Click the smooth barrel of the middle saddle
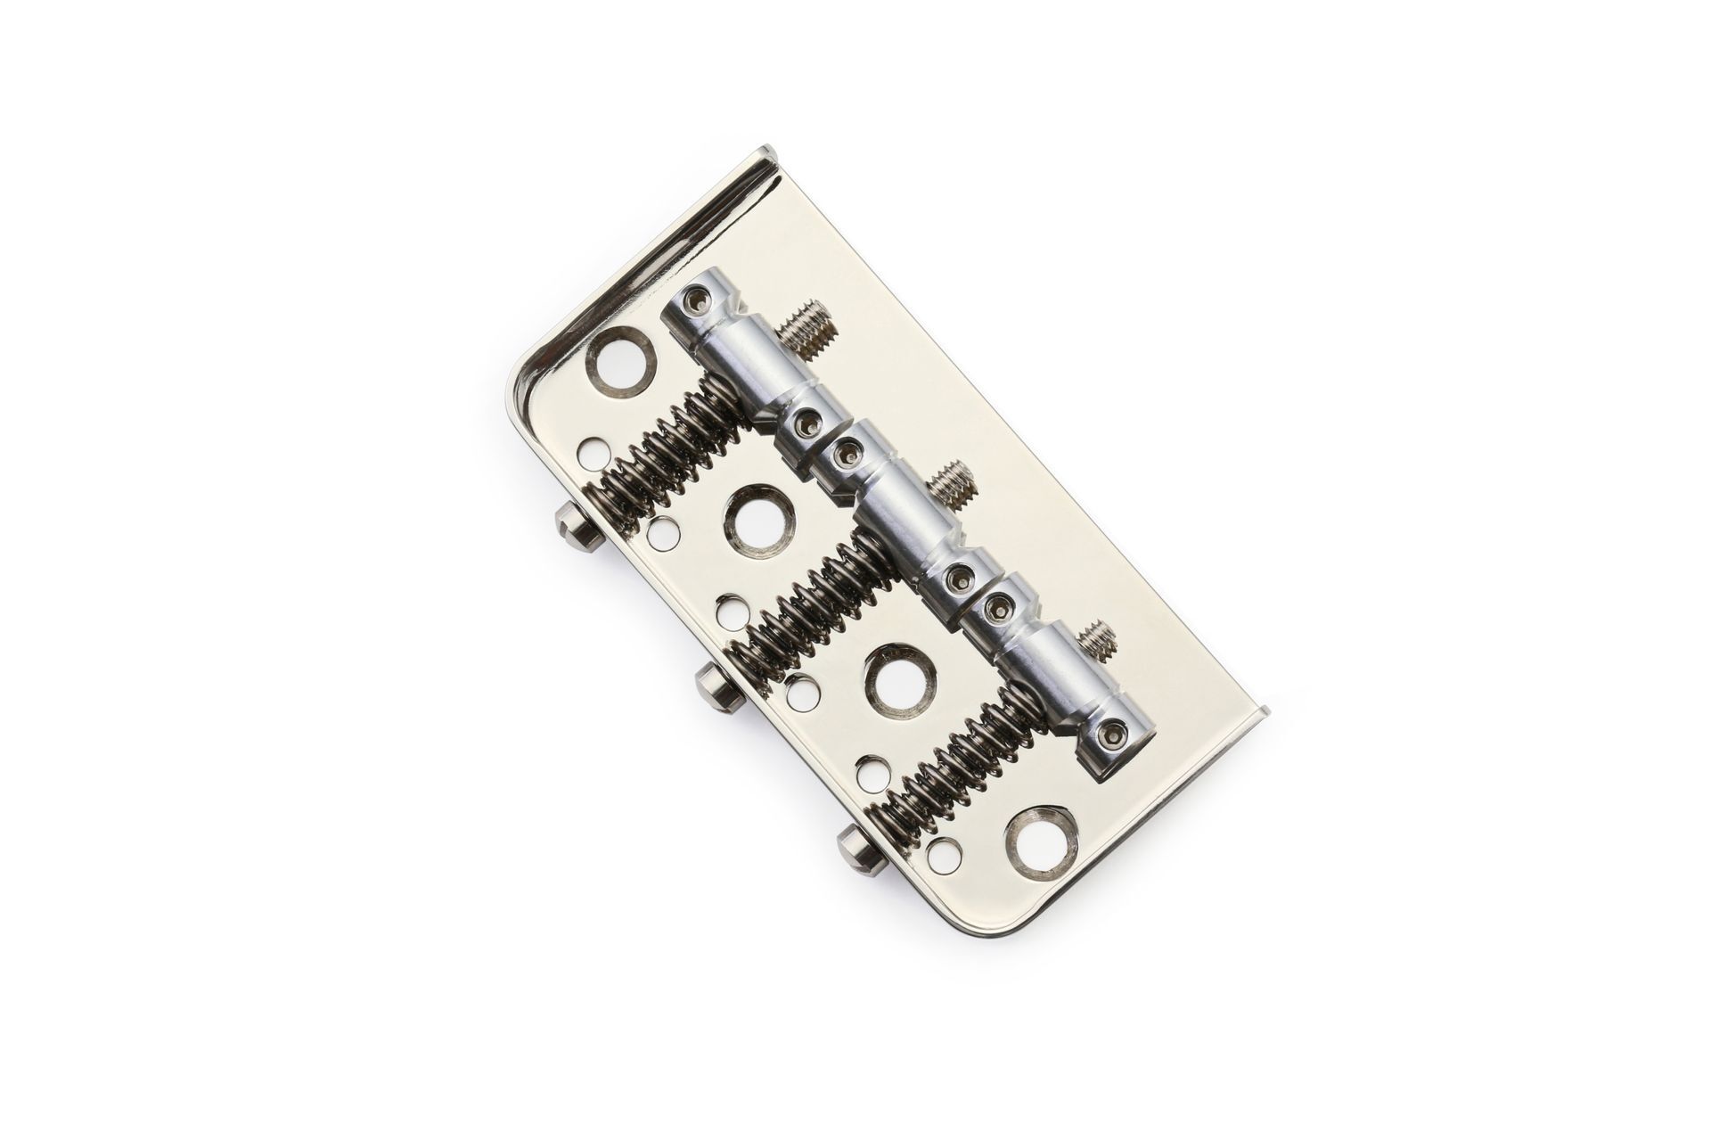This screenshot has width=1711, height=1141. tap(900, 517)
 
